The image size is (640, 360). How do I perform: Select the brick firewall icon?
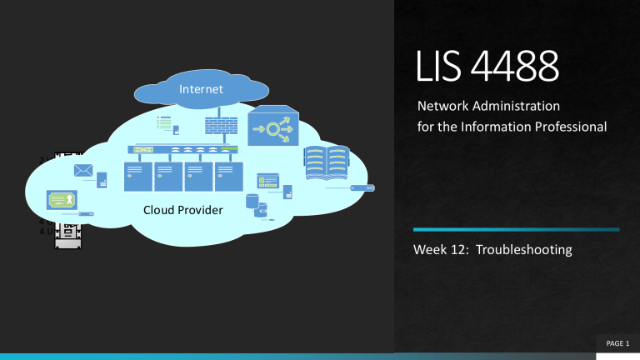222,126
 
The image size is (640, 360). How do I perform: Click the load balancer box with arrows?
273,126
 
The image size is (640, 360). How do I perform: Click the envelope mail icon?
83,172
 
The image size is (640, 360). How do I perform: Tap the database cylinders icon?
255,205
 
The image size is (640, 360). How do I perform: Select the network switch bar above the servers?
182,151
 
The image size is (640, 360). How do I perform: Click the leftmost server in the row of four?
137,177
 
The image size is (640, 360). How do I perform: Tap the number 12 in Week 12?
459,250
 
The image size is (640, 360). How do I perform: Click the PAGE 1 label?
616,343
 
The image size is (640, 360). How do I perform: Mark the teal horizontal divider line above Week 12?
517,229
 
